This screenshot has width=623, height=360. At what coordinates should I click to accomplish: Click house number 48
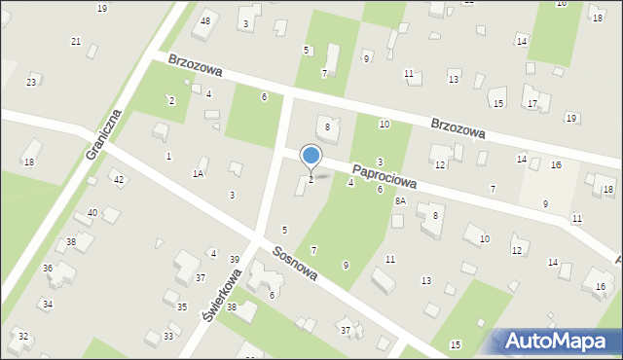204,20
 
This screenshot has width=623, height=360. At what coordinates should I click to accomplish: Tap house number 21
76,41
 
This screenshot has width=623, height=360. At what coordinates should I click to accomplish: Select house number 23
31,83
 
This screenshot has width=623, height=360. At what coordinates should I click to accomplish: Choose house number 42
118,180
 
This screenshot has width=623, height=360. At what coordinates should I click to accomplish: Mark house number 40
92,212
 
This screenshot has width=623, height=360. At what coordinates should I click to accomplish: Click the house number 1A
198,173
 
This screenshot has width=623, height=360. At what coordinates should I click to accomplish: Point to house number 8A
400,201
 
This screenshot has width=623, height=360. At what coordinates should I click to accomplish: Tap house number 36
48,268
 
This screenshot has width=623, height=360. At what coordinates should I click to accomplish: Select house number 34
48,305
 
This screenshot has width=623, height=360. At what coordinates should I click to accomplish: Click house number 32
23,336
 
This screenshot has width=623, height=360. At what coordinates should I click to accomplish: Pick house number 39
235,259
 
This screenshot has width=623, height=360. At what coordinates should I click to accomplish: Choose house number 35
182,306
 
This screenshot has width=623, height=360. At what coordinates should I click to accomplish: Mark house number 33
168,336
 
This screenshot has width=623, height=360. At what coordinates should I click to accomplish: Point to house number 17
531,103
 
